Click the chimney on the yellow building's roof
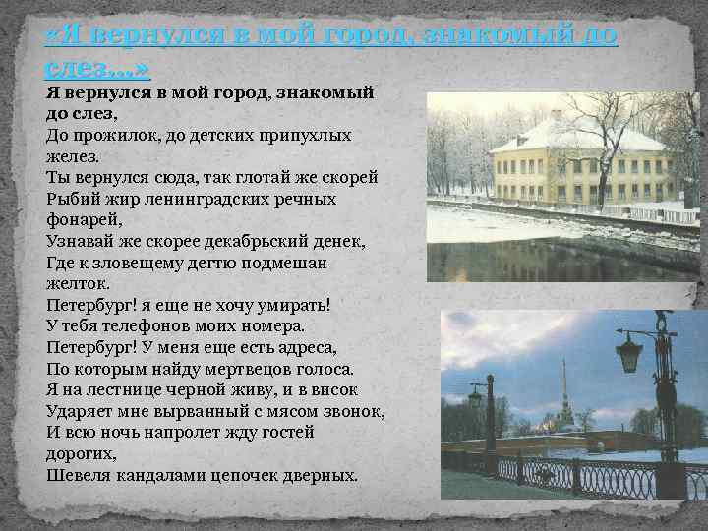(x=556, y=115)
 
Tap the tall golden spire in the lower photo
(x=564, y=388)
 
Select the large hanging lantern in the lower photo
(x=628, y=351)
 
